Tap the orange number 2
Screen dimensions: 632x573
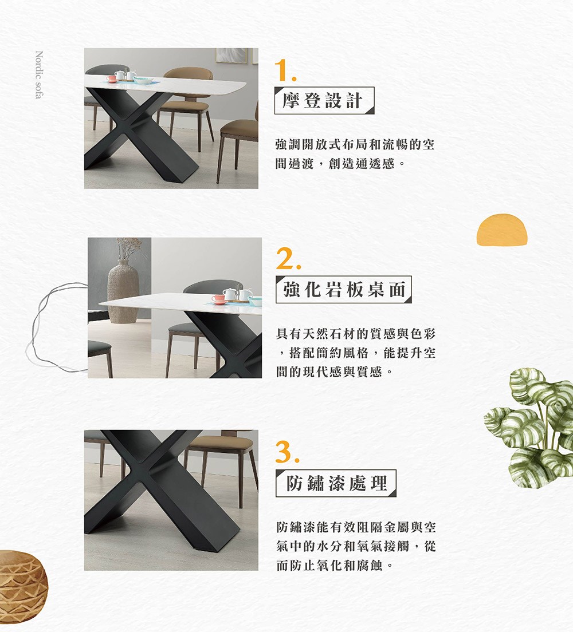(287, 260)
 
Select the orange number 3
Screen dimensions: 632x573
(287, 453)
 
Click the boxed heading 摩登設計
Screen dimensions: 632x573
(324, 101)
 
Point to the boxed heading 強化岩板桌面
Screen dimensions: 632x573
(344, 290)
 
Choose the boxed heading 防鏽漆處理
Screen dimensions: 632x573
(336, 483)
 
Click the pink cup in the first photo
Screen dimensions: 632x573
(112, 78)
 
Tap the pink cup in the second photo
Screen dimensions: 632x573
(218, 299)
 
